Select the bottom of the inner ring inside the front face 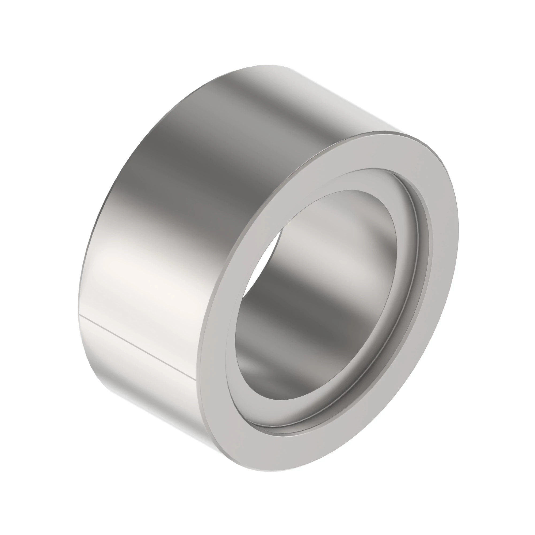click(280, 432)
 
